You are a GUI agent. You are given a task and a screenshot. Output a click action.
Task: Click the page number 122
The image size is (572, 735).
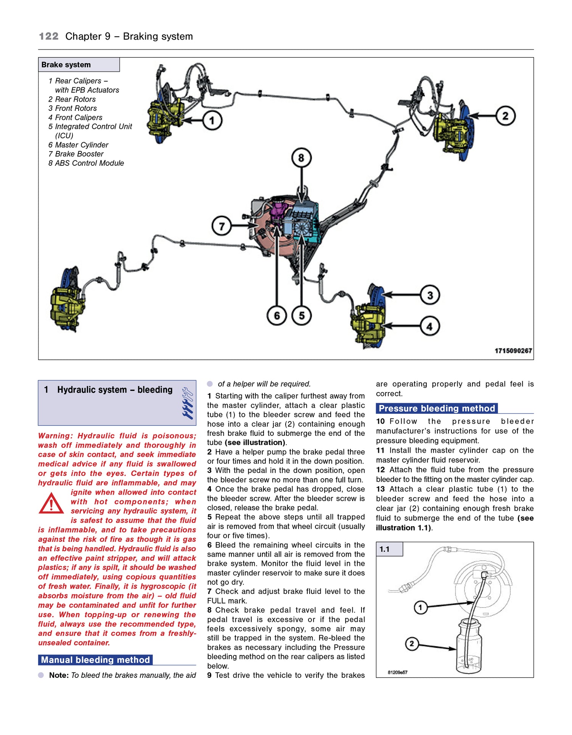pyautogui.click(x=49, y=37)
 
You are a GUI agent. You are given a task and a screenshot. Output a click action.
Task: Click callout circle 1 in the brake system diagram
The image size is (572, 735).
pyautogui.click(x=212, y=120)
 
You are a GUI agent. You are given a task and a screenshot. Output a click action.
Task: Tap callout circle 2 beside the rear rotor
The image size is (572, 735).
pyautogui.click(x=505, y=116)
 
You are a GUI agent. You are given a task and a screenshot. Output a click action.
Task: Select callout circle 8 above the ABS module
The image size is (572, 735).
pyautogui.click(x=301, y=158)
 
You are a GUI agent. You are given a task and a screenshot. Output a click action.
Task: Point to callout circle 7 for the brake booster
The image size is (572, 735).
pyautogui.click(x=222, y=226)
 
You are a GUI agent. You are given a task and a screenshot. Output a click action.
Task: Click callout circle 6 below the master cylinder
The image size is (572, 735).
pyautogui.click(x=277, y=315)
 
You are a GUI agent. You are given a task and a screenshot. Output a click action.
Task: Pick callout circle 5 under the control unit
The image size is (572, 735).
pyautogui.click(x=302, y=315)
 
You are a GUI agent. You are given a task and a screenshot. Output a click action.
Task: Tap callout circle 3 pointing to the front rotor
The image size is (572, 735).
pyautogui.click(x=430, y=295)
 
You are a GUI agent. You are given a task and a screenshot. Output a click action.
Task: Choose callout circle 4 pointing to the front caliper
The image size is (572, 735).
pyautogui.click(x=430, y=326)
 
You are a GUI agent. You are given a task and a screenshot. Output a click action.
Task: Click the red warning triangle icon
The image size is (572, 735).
pyautogui.click(x=51, y=504)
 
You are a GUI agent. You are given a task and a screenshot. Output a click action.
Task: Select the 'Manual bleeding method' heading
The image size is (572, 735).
pyautogui.click(x=95, y=660)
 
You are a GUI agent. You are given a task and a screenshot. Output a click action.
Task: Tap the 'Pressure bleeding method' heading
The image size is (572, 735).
pyautogui.click(x=437, y=408)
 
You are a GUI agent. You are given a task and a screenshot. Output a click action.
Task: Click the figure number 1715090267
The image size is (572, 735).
pyautogui.click(x=513, y=351)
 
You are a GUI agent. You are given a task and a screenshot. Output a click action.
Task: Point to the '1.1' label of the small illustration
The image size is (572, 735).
pyautogui.click(x=385, y=549)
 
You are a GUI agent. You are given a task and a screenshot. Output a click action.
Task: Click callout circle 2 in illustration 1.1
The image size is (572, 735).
pyautogui.click(x=411, y=644)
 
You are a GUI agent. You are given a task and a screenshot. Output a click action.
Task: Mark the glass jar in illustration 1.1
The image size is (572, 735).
pyautogui.click(x=469, y=648)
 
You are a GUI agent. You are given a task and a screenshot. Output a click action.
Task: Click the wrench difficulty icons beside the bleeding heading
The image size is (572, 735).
pyautogui.click(x=187, y=403)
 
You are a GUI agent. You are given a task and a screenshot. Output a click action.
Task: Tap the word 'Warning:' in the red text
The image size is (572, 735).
pyautogui.click(x=55, y=436)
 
